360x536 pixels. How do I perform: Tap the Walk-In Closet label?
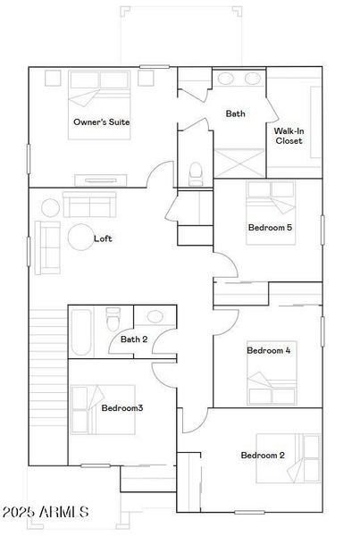[x=288, y=136]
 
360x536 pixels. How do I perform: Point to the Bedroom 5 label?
[x=269, y=228]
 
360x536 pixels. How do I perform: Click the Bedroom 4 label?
[x=268, y=350]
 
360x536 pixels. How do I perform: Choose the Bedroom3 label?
[x=122, y=408]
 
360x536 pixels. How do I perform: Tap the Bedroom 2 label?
[x=263, y=456]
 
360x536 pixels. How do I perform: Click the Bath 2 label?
[x=134, y=339]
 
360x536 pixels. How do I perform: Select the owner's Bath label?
[x=235, y=113]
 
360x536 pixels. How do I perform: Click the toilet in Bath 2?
[x=113, y=318]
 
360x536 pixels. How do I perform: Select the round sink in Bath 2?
[x=155, y=316]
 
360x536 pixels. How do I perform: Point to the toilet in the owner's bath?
[x=197, y=170]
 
